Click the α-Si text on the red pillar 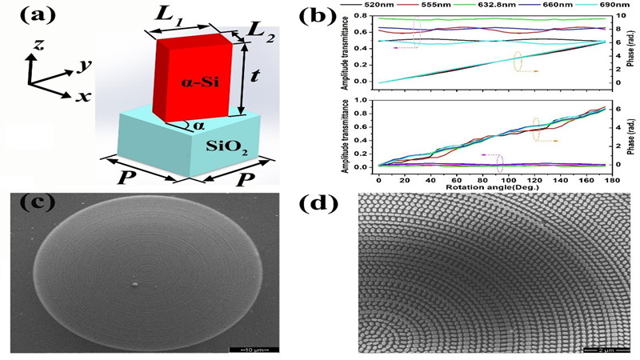(x=195, y=82)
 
